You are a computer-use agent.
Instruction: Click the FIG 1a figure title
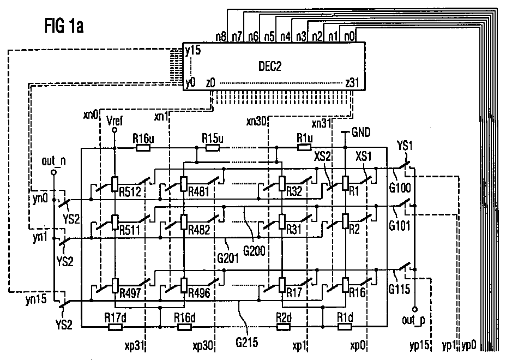point(64,26)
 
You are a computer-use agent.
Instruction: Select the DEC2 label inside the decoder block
point(270,66)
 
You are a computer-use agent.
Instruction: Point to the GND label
point(361,132)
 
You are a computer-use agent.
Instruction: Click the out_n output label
point(53,161)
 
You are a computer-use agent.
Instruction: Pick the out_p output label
point(413,320)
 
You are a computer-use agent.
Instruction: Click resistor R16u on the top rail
point(143,148)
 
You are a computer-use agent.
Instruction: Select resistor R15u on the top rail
point(213,148)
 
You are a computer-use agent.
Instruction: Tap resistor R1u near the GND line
point(304,148)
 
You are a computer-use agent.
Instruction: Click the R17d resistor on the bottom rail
point(115,327)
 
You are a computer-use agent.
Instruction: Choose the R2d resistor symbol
point(284,327)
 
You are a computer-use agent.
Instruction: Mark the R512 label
point(130,192)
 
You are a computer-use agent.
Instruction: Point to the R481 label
point(199,192)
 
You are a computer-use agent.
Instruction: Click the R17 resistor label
point(294,292)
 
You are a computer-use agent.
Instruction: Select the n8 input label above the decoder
point(221,37)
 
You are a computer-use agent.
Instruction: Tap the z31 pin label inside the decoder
point(352,83)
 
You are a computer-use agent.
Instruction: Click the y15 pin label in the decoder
point(193,50)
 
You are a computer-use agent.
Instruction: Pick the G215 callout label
point(247,342)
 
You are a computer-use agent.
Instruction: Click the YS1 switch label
point(405,146)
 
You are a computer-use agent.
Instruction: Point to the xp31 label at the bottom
point(134,346)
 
